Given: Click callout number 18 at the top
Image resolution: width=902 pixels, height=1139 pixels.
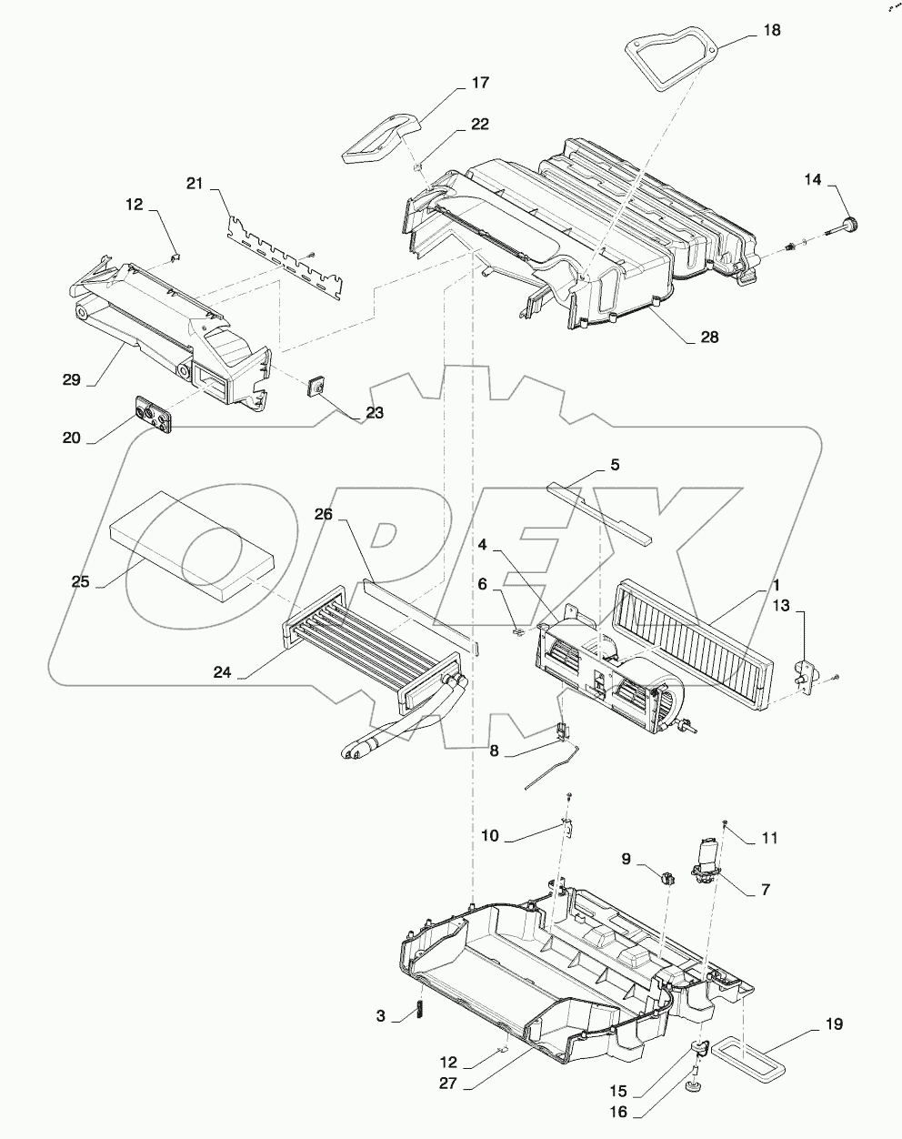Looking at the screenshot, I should [x=770, y=31].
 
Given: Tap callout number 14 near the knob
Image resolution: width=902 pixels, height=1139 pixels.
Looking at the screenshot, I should [x=812, y=181].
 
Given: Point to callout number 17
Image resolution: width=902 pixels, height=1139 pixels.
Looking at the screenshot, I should [x=479, y=83].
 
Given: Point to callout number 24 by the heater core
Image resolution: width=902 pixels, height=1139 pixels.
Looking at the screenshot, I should [x=223, y=673].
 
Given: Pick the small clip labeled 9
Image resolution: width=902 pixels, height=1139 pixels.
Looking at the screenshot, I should [x=668, y=879].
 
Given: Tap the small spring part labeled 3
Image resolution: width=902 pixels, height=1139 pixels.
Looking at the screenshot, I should [x=420, y=1010].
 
